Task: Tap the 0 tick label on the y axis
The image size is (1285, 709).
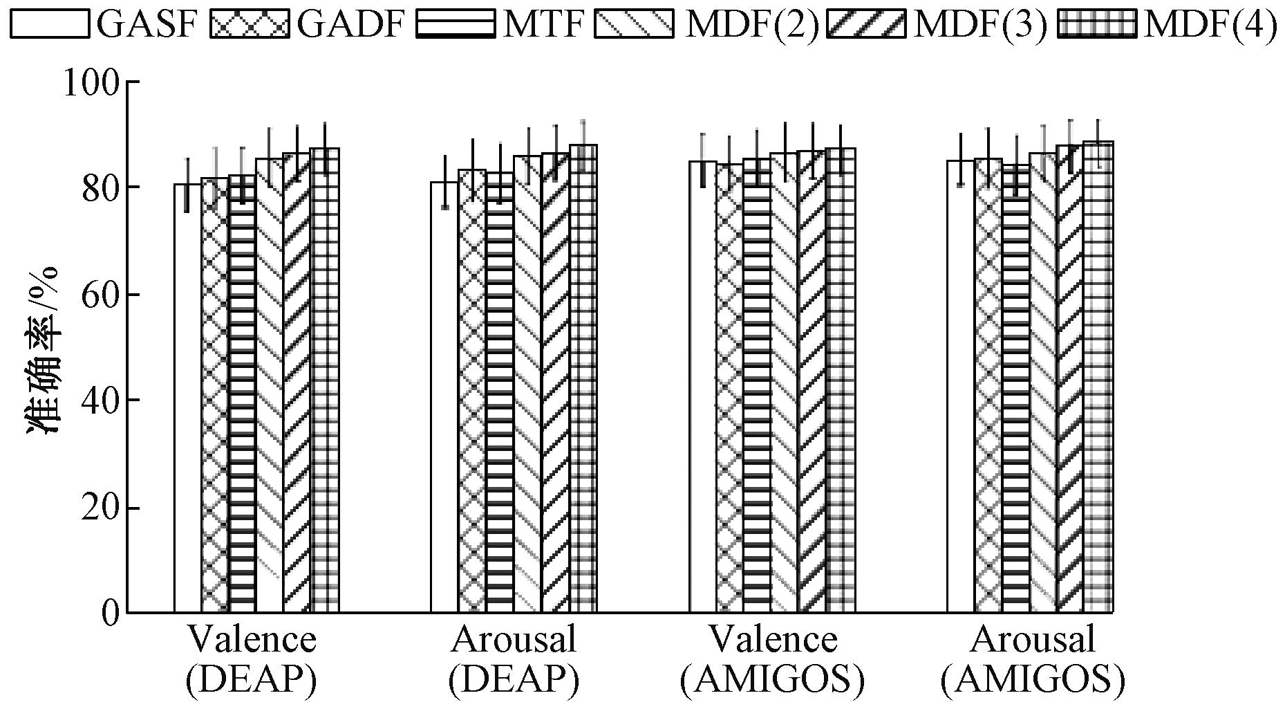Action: [111, 613]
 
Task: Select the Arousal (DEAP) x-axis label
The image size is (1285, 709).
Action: [514, 660]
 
